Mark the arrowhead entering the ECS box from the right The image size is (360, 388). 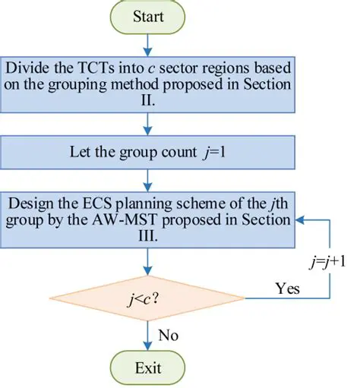tap(301, 220)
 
